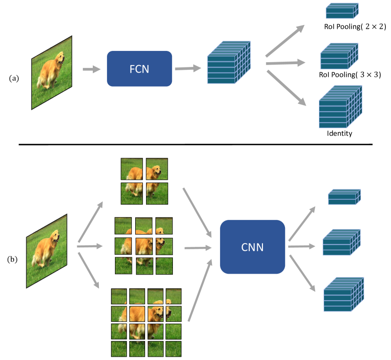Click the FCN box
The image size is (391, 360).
point(139,68)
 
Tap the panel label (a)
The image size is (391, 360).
point(14,78)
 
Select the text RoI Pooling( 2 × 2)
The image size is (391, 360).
point(355,27)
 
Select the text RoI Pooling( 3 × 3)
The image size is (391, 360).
point(349,74)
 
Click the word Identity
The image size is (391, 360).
point(340,133)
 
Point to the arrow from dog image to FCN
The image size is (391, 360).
point(91,69)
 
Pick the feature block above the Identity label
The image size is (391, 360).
point(339,107)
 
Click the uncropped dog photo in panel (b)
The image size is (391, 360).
point(47,251)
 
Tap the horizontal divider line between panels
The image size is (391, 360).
point(195,144)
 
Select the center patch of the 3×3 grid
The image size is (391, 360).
point(144,246)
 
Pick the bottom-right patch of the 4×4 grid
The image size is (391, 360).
point(173,349)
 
